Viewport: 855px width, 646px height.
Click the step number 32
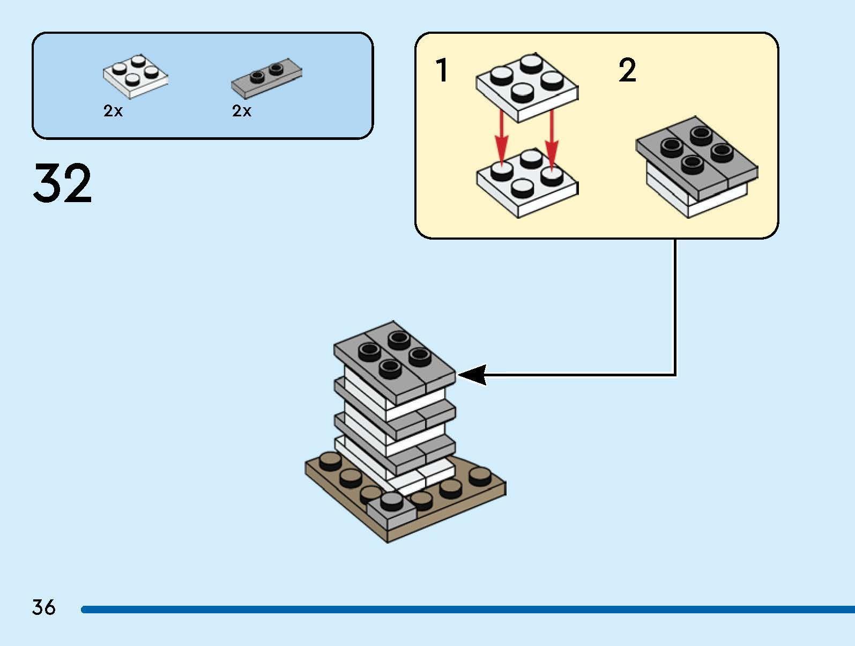(x=62, y=183)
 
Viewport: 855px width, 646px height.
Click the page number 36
(x=43, y=607)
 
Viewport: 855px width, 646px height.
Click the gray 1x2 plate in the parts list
(x=266, y=78)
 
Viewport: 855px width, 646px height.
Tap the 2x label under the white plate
(x=113, y=111)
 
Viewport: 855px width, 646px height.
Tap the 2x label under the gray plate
(x=242, y=111)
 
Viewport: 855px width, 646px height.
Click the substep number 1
(x=442, y=71)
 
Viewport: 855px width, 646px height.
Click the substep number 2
(x=627, y=71)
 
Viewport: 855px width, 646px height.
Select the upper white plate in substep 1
(x=527, y=87)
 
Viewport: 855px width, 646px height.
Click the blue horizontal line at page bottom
(x=466, y=610)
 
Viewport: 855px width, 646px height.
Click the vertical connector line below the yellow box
(x=675, y=306)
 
